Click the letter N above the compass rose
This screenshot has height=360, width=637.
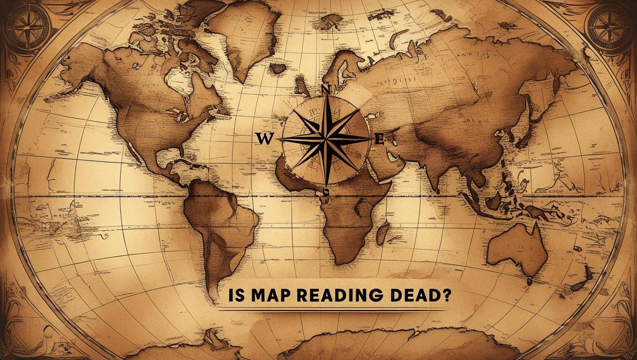[x=326, y=90]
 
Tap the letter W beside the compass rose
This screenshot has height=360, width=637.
[x=264, y=138]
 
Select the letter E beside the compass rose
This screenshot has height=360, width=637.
[x=379, y=139]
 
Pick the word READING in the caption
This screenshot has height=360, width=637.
[x=330, y=296]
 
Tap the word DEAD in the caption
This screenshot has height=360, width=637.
[x=407, y=296]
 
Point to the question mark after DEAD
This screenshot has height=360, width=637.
[x=444, y=296]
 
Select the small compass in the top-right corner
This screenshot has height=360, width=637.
[x=609, y=24]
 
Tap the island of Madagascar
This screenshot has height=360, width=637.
[x=383, y=233]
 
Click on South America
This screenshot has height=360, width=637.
[x=219, y=225]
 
